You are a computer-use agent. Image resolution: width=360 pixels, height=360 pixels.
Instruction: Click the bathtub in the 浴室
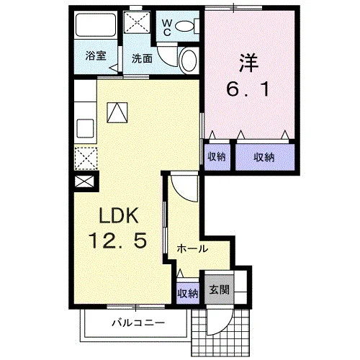tap(96, 25)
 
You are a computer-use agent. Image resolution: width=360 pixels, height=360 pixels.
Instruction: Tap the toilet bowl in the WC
tap(184, 26)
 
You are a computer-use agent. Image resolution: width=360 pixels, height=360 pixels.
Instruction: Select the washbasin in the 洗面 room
tap(189, 60)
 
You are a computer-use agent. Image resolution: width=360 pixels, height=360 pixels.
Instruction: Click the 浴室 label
tap(96, 56)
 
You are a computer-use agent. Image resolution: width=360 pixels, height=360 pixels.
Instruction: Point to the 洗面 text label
tap(142, 58)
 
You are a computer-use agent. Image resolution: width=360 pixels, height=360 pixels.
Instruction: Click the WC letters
tap(167, 27)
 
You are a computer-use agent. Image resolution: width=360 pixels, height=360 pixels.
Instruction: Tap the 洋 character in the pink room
tap(248, 63)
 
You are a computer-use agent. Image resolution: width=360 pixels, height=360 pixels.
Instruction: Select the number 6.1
tap(248, 89)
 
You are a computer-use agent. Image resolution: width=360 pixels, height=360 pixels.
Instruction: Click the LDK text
tap(119, 215)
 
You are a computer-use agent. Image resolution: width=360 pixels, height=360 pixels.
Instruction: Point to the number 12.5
tap(117, 240)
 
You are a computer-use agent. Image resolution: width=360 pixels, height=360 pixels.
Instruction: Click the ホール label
tap(192, 249)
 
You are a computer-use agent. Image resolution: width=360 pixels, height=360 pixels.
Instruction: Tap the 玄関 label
tap(219, 289)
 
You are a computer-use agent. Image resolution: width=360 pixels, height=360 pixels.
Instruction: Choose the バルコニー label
tap(138, 323)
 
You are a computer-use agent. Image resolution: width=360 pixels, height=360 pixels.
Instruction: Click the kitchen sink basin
tap(85, 128)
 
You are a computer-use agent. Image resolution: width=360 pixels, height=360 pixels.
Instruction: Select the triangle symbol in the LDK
tap(117, 112)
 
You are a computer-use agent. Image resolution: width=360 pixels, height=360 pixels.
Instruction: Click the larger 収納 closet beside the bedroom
tap(265, 157)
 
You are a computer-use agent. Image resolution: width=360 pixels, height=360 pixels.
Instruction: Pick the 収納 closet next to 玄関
tap(188, 293)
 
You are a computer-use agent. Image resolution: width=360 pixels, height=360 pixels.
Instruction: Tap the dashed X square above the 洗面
tap(137, 22)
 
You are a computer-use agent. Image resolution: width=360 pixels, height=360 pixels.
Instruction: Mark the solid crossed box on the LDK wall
tap(84, 181)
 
